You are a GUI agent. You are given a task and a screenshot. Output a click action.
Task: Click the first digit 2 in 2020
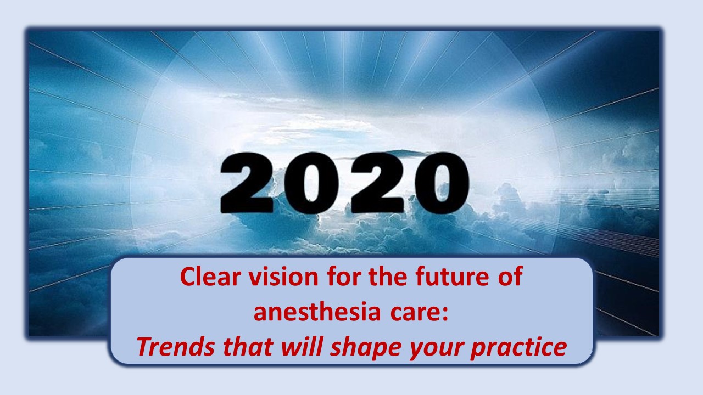248,183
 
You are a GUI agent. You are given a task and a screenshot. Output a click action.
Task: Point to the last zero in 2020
442,183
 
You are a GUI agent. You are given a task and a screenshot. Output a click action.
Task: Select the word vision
284,277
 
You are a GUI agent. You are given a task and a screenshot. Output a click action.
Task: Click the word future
452,277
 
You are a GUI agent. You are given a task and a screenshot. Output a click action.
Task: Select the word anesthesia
317,312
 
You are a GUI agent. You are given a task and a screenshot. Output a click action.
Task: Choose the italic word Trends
176,347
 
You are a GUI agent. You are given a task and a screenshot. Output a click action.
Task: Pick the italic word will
302,347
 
